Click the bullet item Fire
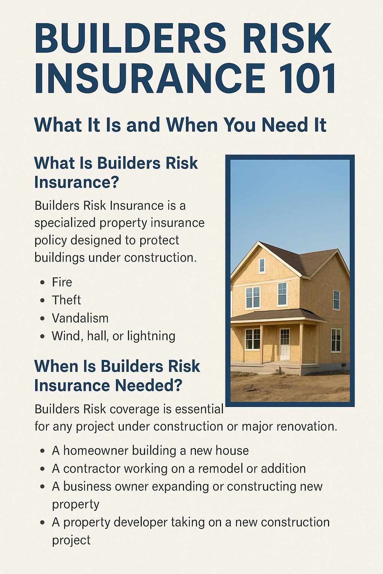point(62,282)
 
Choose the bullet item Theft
point(67,300)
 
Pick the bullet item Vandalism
point(80,318)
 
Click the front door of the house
point(285,344)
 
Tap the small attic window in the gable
point(262,265)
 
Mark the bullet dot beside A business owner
point(43,487)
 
